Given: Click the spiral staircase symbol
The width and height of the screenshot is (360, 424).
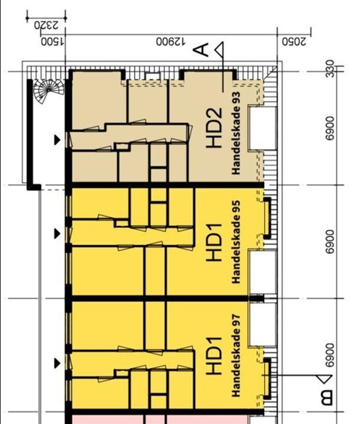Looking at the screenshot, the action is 48,91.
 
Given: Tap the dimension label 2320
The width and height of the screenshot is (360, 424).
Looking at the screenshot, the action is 46,26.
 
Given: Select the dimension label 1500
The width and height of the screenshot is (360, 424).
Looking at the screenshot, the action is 52,42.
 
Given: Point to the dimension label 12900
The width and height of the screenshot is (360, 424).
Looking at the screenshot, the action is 171,42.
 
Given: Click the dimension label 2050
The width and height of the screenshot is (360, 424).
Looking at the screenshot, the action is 294,42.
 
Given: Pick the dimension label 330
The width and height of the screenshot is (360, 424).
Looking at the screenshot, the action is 330,69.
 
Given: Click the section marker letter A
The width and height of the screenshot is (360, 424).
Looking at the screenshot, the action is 201,50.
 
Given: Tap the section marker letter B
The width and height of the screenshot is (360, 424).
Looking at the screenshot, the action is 326,397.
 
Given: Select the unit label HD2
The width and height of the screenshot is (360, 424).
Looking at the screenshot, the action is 214,128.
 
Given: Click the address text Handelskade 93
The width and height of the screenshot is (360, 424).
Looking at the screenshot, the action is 236,133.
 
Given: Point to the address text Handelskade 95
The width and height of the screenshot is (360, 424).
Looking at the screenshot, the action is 236,242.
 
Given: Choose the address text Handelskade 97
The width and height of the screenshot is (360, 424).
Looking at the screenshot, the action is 236,355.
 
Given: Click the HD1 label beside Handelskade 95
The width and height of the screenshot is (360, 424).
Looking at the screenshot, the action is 214,242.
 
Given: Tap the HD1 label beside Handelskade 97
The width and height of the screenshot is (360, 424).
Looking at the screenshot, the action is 214,356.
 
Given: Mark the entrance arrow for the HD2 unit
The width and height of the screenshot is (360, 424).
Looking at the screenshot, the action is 57,140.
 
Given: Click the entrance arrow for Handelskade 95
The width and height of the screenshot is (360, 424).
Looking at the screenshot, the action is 57,233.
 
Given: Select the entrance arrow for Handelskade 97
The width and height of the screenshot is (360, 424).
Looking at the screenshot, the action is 57,363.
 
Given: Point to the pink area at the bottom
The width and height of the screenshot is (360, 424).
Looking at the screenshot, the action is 160,419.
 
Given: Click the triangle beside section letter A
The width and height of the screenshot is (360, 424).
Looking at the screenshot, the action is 220,50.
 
